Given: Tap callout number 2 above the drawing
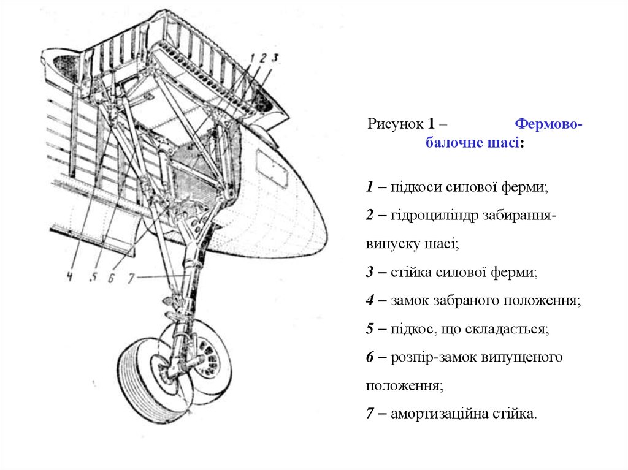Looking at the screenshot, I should pos(262,58).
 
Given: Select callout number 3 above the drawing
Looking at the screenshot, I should pos(275,58).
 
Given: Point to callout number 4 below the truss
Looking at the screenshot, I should pos(70,276).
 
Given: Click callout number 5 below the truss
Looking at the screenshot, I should pos(93,276).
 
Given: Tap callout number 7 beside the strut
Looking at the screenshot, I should pos(130,278).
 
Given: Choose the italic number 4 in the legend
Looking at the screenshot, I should pos(371,301).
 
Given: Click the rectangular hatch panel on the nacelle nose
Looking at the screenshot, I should pos(270,166).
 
